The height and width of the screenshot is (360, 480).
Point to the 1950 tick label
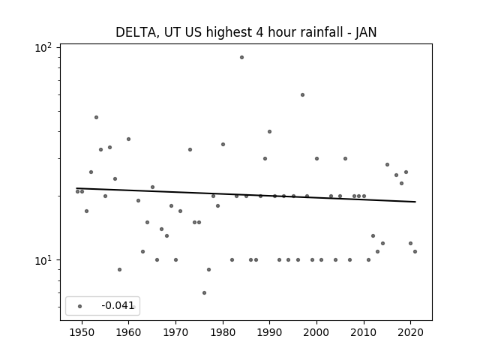[82, 332]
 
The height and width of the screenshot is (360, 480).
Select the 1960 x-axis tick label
[128, 332]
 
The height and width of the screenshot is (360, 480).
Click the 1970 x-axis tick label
[175, 332]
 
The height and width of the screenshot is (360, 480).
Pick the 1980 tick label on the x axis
[223, 332]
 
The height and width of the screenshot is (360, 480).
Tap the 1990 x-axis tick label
[270, 332]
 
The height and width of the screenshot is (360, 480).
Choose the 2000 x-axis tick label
[316, 332]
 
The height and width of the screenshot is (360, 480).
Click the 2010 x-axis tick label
[364, 332]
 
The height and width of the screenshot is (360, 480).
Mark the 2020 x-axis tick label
[410, 332]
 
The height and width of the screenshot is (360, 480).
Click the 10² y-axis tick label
[43, 48]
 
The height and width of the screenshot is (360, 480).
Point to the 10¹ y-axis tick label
[43, 261]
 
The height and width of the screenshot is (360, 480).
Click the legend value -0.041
[118, 305]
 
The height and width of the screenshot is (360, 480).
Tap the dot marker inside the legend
[79, 306]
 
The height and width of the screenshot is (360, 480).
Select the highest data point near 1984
[241, 57]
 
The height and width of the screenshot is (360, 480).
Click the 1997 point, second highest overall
[302, 95]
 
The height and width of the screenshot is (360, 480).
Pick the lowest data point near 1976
[204, 293]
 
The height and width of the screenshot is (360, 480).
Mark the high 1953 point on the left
[96, 117]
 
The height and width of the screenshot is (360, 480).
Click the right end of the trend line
[415, 202]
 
